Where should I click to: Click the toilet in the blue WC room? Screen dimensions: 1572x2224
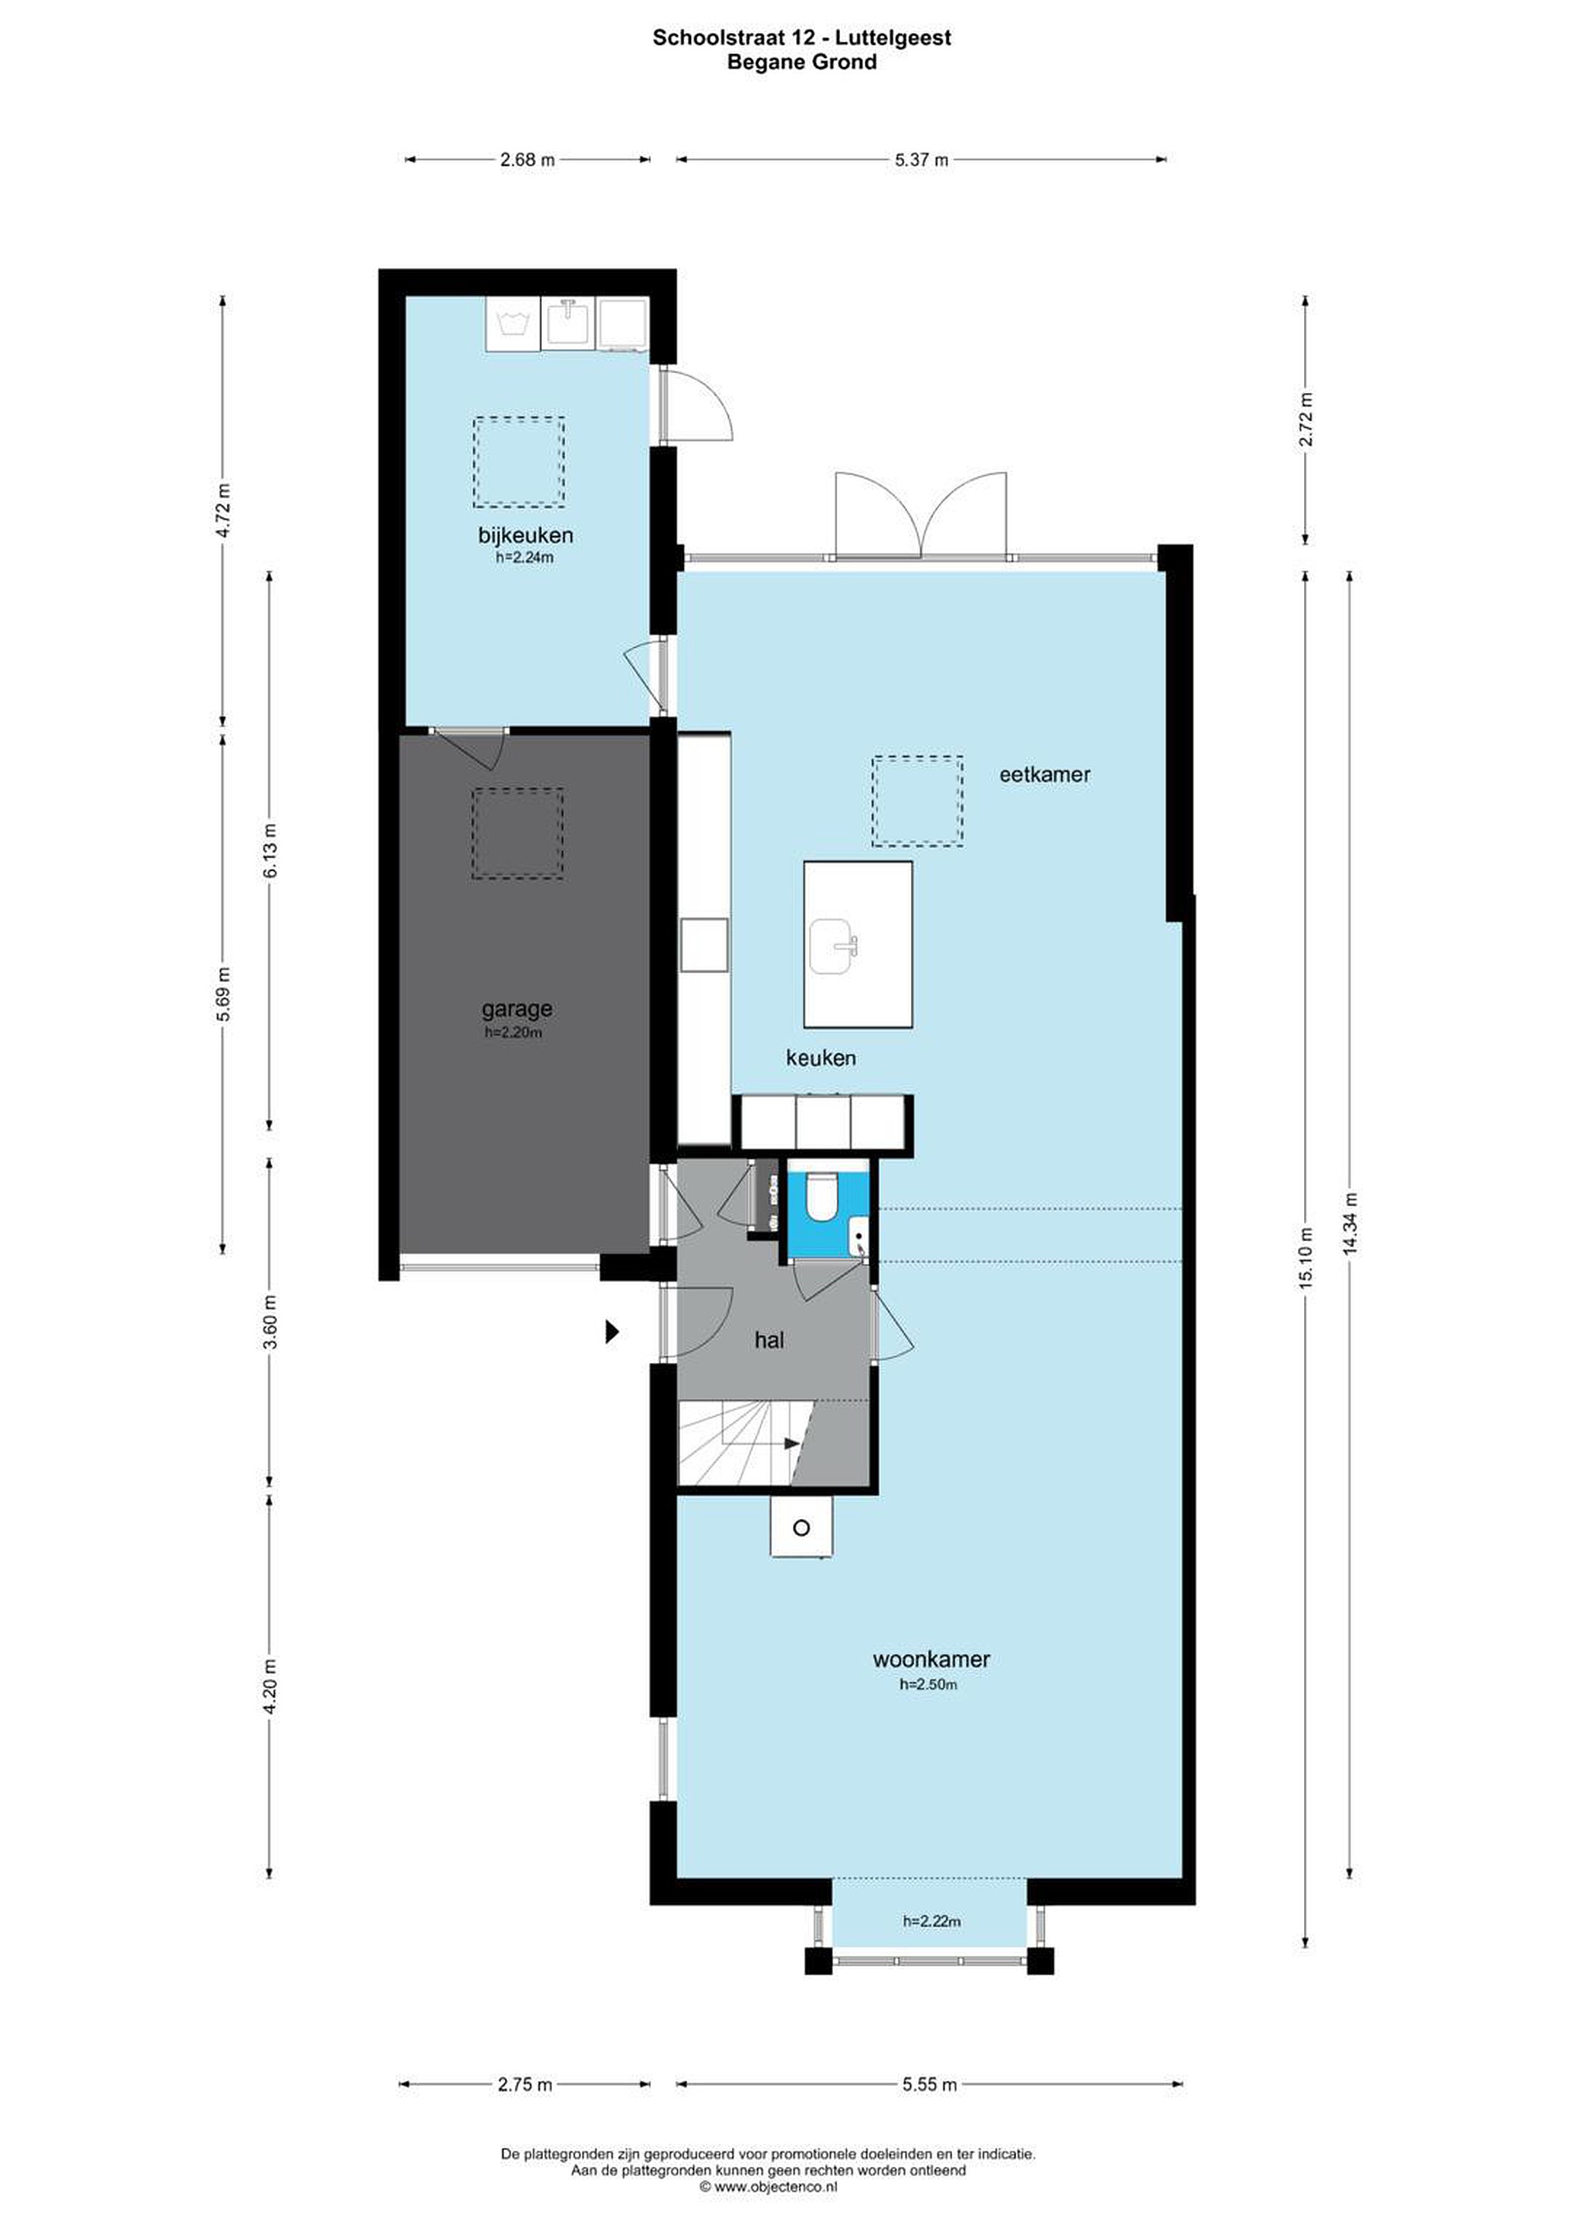[821, 1195]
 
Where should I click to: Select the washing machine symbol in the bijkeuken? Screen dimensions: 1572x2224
[513, 324]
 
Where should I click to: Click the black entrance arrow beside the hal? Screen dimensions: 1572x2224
[612, 1332]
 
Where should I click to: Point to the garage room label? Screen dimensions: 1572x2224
[517, 1009]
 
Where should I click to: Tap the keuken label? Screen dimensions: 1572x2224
[821, 1058]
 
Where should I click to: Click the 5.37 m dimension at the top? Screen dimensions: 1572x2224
[921, 160]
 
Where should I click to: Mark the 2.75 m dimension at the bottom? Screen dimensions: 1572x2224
[525, 2083]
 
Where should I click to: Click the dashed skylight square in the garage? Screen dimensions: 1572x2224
[518, 833]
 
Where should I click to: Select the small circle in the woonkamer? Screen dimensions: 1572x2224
[801, 1527]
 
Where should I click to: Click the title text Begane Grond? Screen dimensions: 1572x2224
[802, 62]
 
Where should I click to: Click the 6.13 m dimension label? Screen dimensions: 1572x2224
[271, 850]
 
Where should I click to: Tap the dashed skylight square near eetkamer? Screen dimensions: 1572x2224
[917, 800]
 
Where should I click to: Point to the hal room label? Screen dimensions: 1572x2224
[769, 1340]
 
